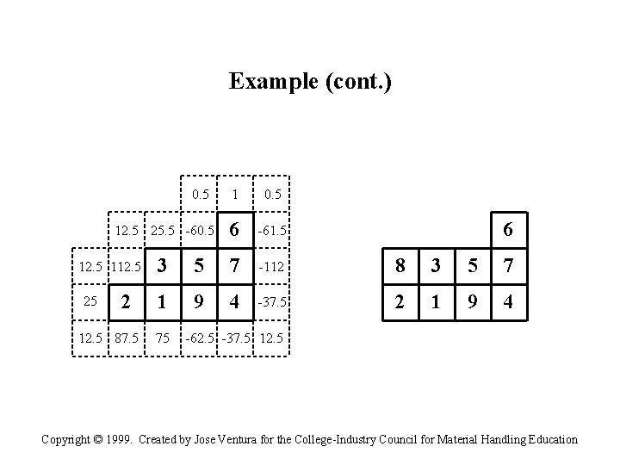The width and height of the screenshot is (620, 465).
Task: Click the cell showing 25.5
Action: point(163,231)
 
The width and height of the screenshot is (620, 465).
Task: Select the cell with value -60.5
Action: point(200,231)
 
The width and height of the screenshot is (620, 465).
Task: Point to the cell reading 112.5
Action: point(126,267)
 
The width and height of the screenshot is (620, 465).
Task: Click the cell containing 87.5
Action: point(127,338)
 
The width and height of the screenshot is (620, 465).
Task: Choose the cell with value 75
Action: point(163,338)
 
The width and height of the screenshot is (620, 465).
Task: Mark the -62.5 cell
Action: point(199,338)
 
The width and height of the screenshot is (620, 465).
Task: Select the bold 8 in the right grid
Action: point(399,267)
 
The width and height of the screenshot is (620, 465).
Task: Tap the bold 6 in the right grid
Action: point(508,230)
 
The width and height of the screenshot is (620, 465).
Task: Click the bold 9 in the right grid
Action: point(472,303)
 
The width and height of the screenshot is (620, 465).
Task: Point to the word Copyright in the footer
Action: point(67,439)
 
